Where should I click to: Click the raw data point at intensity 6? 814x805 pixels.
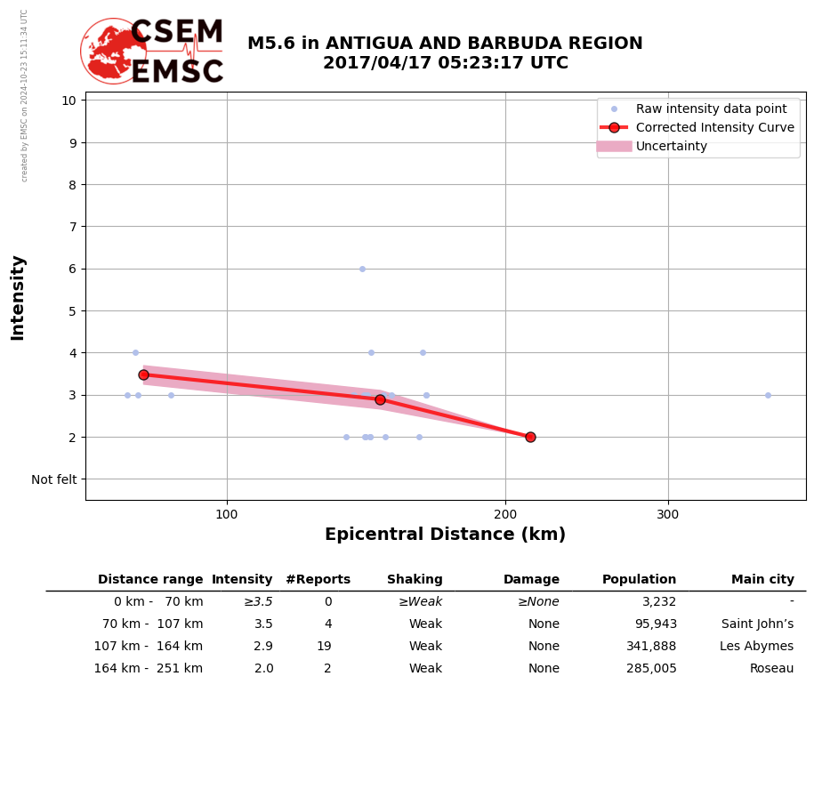coord(362,269)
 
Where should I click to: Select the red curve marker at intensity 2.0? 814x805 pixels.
coord(530,437)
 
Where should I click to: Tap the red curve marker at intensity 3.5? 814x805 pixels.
coord(143,374)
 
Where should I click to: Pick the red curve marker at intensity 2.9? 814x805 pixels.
coord(380,399)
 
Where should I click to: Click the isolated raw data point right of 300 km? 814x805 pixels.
coord(768,395)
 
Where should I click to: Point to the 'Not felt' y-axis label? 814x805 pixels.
coord(54,479)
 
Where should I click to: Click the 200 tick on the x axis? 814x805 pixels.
coord(505,512)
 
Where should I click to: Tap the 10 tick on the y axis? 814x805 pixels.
coord(68,100)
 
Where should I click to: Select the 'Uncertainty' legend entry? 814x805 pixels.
coord(671,147)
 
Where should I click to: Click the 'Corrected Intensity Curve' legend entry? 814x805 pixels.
coord(714,128)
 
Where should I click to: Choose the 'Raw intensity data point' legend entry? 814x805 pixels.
coord(711,109)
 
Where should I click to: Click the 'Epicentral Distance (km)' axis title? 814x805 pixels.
coord(445,535)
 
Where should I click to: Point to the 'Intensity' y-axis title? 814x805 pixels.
coord(18,297)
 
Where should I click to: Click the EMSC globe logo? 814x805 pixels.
coord(113,51)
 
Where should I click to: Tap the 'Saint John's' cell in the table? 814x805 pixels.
coord(757,624)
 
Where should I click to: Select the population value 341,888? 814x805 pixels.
coord(651,647)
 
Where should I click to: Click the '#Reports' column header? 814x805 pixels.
coord(318,580)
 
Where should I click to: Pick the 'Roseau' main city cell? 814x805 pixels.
coord(771,669)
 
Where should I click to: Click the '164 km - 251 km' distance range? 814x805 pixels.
coord(148,669)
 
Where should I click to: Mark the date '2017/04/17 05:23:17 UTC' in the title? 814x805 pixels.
coord(445,64)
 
